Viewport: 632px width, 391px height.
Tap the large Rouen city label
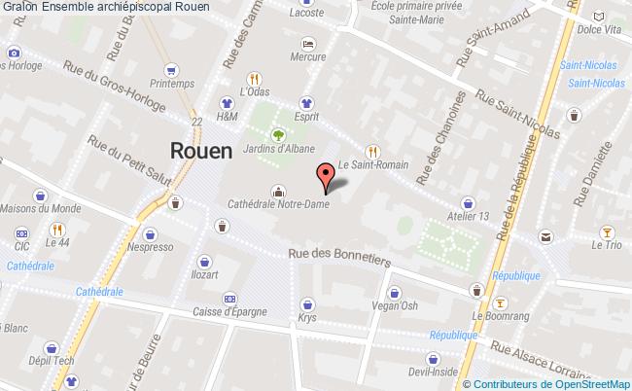click(201, 151)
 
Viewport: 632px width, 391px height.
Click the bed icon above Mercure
click(307, 44)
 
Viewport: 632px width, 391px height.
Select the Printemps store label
click(171, 84)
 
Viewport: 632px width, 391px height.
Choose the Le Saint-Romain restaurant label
click(371, 164)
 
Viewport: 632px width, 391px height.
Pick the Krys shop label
click(307, 318)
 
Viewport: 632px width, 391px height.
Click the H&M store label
click(227, 116)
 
